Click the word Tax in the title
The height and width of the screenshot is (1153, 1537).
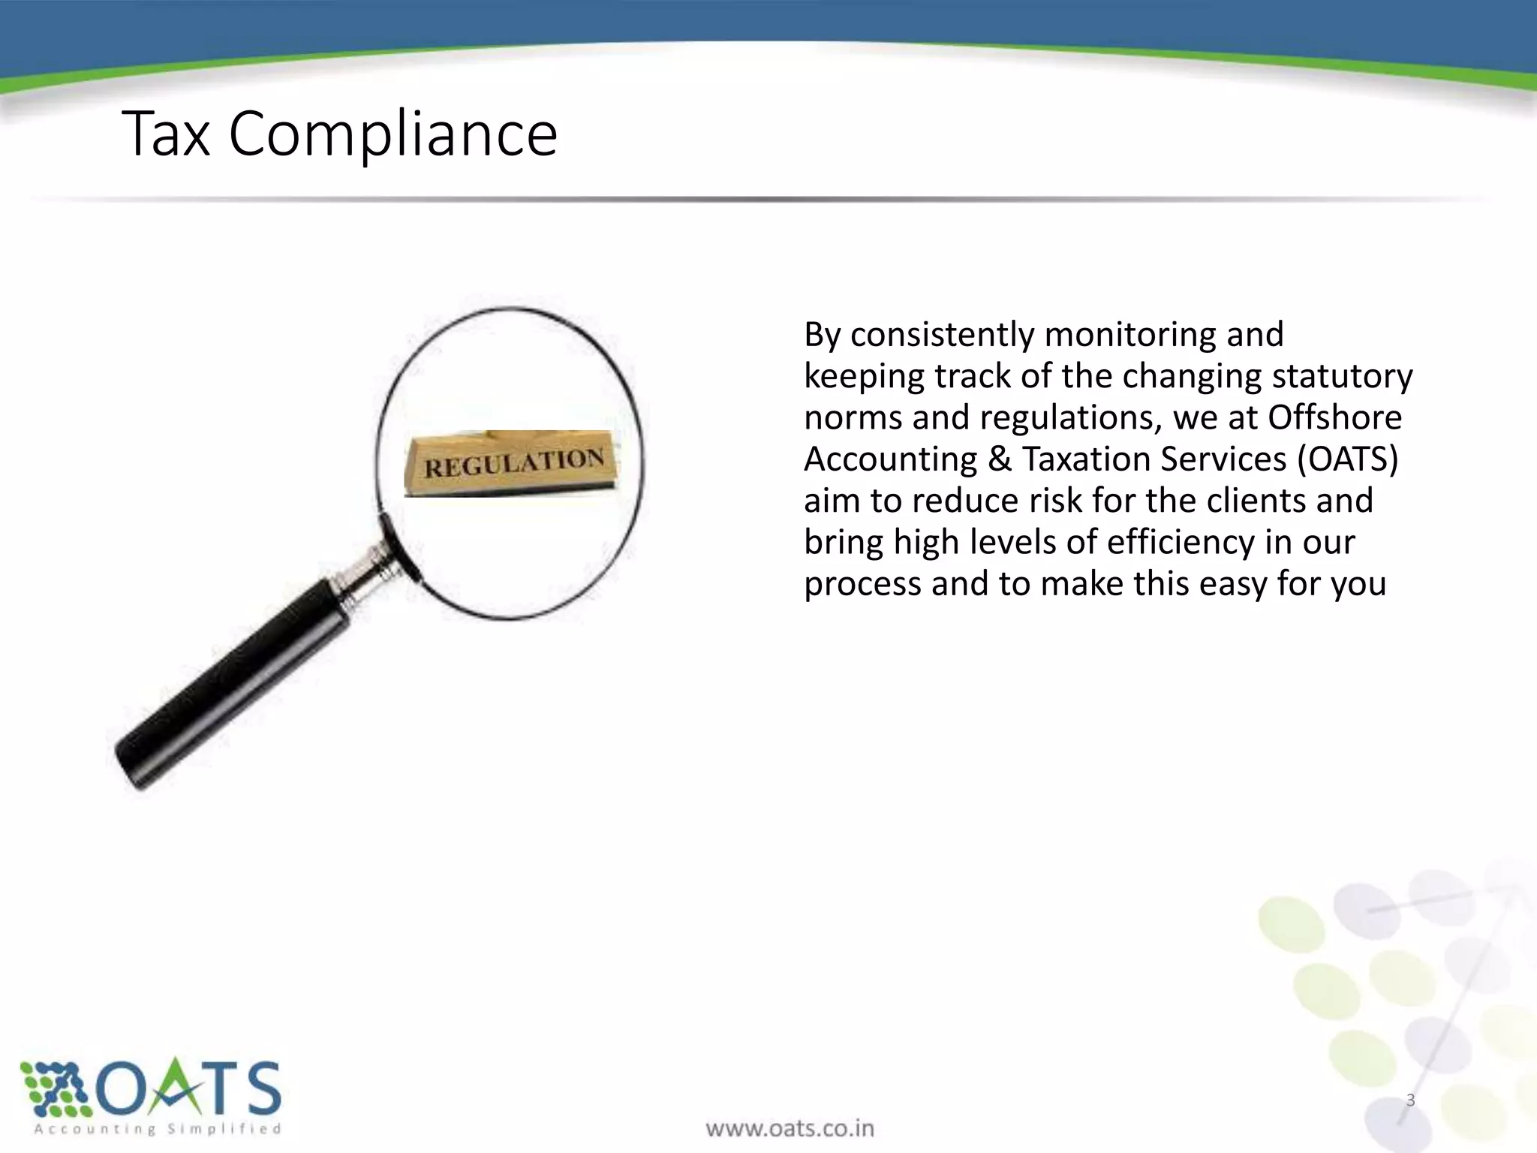166,134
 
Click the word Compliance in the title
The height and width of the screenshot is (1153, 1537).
393,136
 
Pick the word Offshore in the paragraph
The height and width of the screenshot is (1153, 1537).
1334,417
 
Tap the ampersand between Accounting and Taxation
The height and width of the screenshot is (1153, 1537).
999,459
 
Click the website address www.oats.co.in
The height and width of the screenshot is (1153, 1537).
790,1127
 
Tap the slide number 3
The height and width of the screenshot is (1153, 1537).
1410,1100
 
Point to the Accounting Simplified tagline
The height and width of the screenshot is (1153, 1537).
158,1129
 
